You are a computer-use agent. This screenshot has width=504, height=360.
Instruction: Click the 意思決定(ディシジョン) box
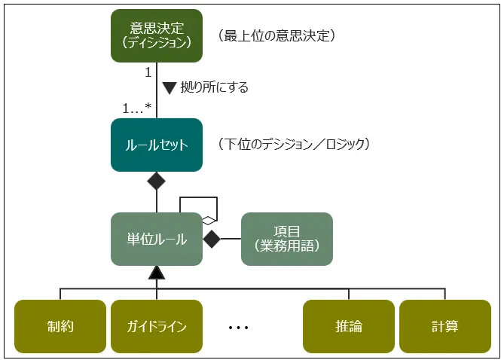(157, 35)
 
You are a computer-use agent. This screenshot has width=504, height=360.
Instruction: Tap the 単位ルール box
(157, 239)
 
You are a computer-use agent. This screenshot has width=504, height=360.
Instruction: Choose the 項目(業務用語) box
(287, 239)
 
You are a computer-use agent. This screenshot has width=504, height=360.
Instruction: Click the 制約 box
(60, 326)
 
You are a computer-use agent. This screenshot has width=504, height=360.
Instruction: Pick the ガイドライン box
(157, 326)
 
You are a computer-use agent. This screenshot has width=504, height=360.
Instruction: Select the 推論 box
(349, 326)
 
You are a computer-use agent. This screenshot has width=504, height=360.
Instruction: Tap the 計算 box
(444, 326)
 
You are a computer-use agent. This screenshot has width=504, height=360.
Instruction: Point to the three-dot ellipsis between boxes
(238, 328)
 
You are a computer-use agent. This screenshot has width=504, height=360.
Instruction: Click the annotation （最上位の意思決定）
(276, 35)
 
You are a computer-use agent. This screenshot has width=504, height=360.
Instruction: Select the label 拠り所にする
(215, 87)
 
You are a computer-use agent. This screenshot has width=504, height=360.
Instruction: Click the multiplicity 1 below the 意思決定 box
(148, 72)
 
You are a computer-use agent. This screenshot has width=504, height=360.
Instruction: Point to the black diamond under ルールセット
(157, 181)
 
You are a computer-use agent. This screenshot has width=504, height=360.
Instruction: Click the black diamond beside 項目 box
(212, 239)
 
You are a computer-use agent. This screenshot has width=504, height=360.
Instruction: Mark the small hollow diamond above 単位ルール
(209, 218)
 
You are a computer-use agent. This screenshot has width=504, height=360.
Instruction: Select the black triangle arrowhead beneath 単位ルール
(157, 272)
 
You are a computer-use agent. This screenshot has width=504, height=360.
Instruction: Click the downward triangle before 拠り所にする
(170, 87)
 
